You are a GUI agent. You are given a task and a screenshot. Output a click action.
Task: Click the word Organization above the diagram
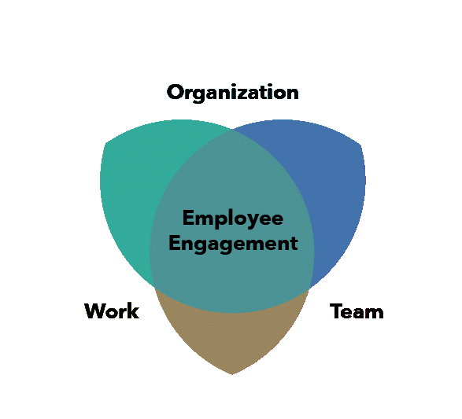point(232,93)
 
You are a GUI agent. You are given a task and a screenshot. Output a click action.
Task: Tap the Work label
point(112,311)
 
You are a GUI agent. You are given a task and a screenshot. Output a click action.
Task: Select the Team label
point(357,311)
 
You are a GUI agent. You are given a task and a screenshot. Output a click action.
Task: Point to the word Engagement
point(233,244)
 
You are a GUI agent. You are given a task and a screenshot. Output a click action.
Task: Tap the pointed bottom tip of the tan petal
point(232,374)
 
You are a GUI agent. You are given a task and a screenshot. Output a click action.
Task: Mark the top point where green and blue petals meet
point(232,129)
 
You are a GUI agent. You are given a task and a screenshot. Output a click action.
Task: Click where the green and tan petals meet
point(155,287)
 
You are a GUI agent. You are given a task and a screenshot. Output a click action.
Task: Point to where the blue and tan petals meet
point(309,287)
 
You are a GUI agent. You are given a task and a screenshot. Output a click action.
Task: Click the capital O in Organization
point(175,93)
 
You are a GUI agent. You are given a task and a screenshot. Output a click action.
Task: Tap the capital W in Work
point(95,311)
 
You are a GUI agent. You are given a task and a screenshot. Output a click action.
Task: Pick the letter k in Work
point(134,311)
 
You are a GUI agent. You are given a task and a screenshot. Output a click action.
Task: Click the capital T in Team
point(336,311)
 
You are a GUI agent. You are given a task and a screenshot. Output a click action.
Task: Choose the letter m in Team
point(374,314)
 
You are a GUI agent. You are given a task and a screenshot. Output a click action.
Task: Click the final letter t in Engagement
point(294,244)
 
